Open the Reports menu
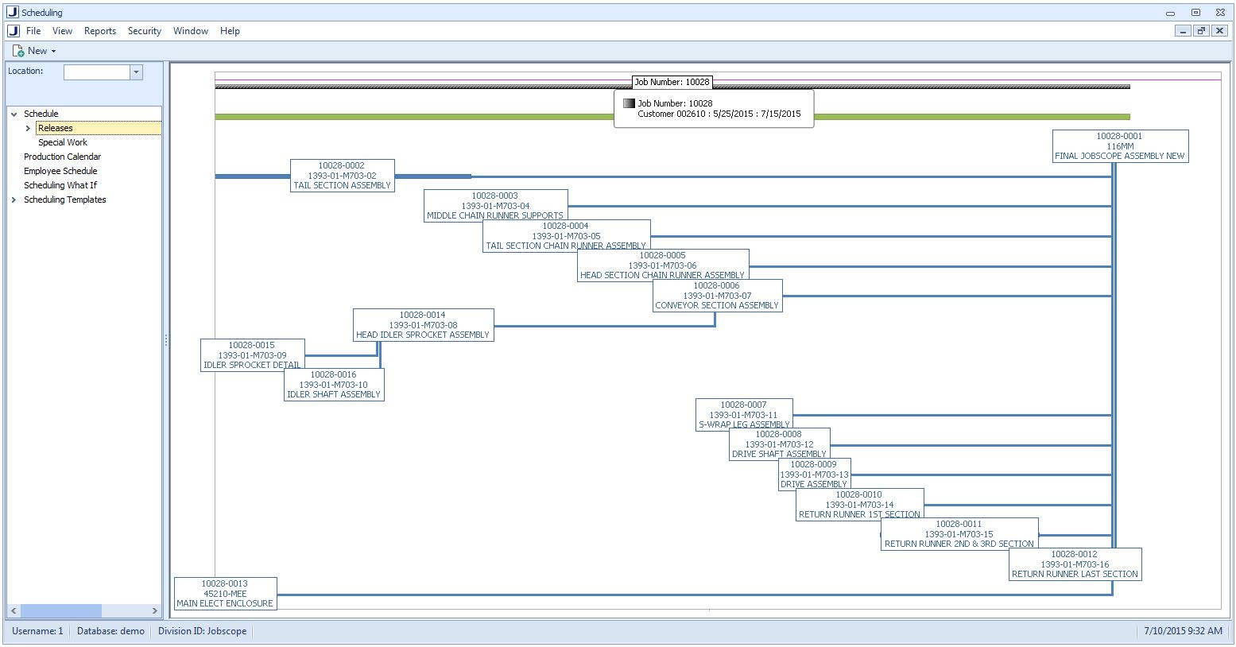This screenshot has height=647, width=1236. [x=100, y=31]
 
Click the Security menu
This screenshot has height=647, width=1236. [x=144, y=31]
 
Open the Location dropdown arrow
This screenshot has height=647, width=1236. [x=136, y=72]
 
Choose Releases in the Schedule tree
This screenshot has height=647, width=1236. [x=55, y=128]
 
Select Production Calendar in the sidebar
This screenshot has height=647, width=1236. [x=62, y=157]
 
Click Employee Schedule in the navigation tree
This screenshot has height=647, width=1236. [x=60, y=171]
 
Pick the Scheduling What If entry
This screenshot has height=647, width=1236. [x=60, y=185]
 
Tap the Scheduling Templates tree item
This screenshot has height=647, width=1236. [x=64, y=200]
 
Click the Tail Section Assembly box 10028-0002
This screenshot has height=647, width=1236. [x=342, y=176]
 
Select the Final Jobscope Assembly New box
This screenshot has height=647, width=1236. [x=1119, y=146]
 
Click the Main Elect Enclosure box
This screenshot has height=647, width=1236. [x=225, y=594]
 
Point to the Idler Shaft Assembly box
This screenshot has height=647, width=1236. [x=334, y=385]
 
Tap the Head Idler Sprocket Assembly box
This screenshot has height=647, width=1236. [x=423, y=325]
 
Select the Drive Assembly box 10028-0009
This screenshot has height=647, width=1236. [x=814, y=475]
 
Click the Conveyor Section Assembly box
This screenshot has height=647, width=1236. [x=717, y=296]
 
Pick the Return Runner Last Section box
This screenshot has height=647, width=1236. [x=1075, y=564]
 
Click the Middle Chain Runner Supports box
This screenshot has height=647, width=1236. [x=495, y=206]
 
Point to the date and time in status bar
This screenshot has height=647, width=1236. [x=1183, y=631]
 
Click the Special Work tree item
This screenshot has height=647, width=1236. [x=63, y=142]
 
